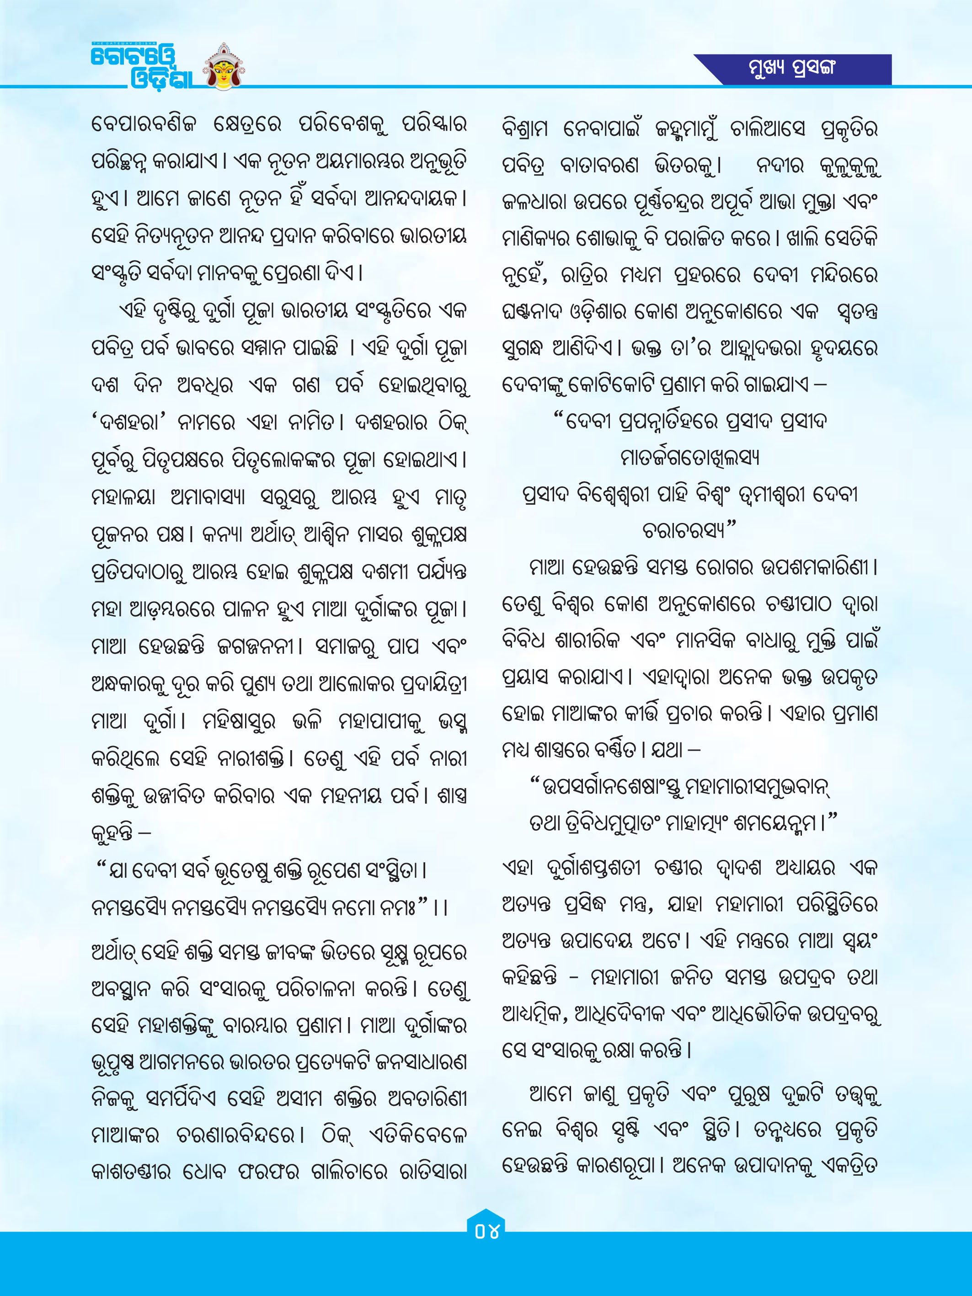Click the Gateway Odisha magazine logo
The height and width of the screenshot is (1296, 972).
point(141,66)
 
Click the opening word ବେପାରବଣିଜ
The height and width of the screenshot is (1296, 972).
point(143,124)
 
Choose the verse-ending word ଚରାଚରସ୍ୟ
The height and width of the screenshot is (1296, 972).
point(685,531)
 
